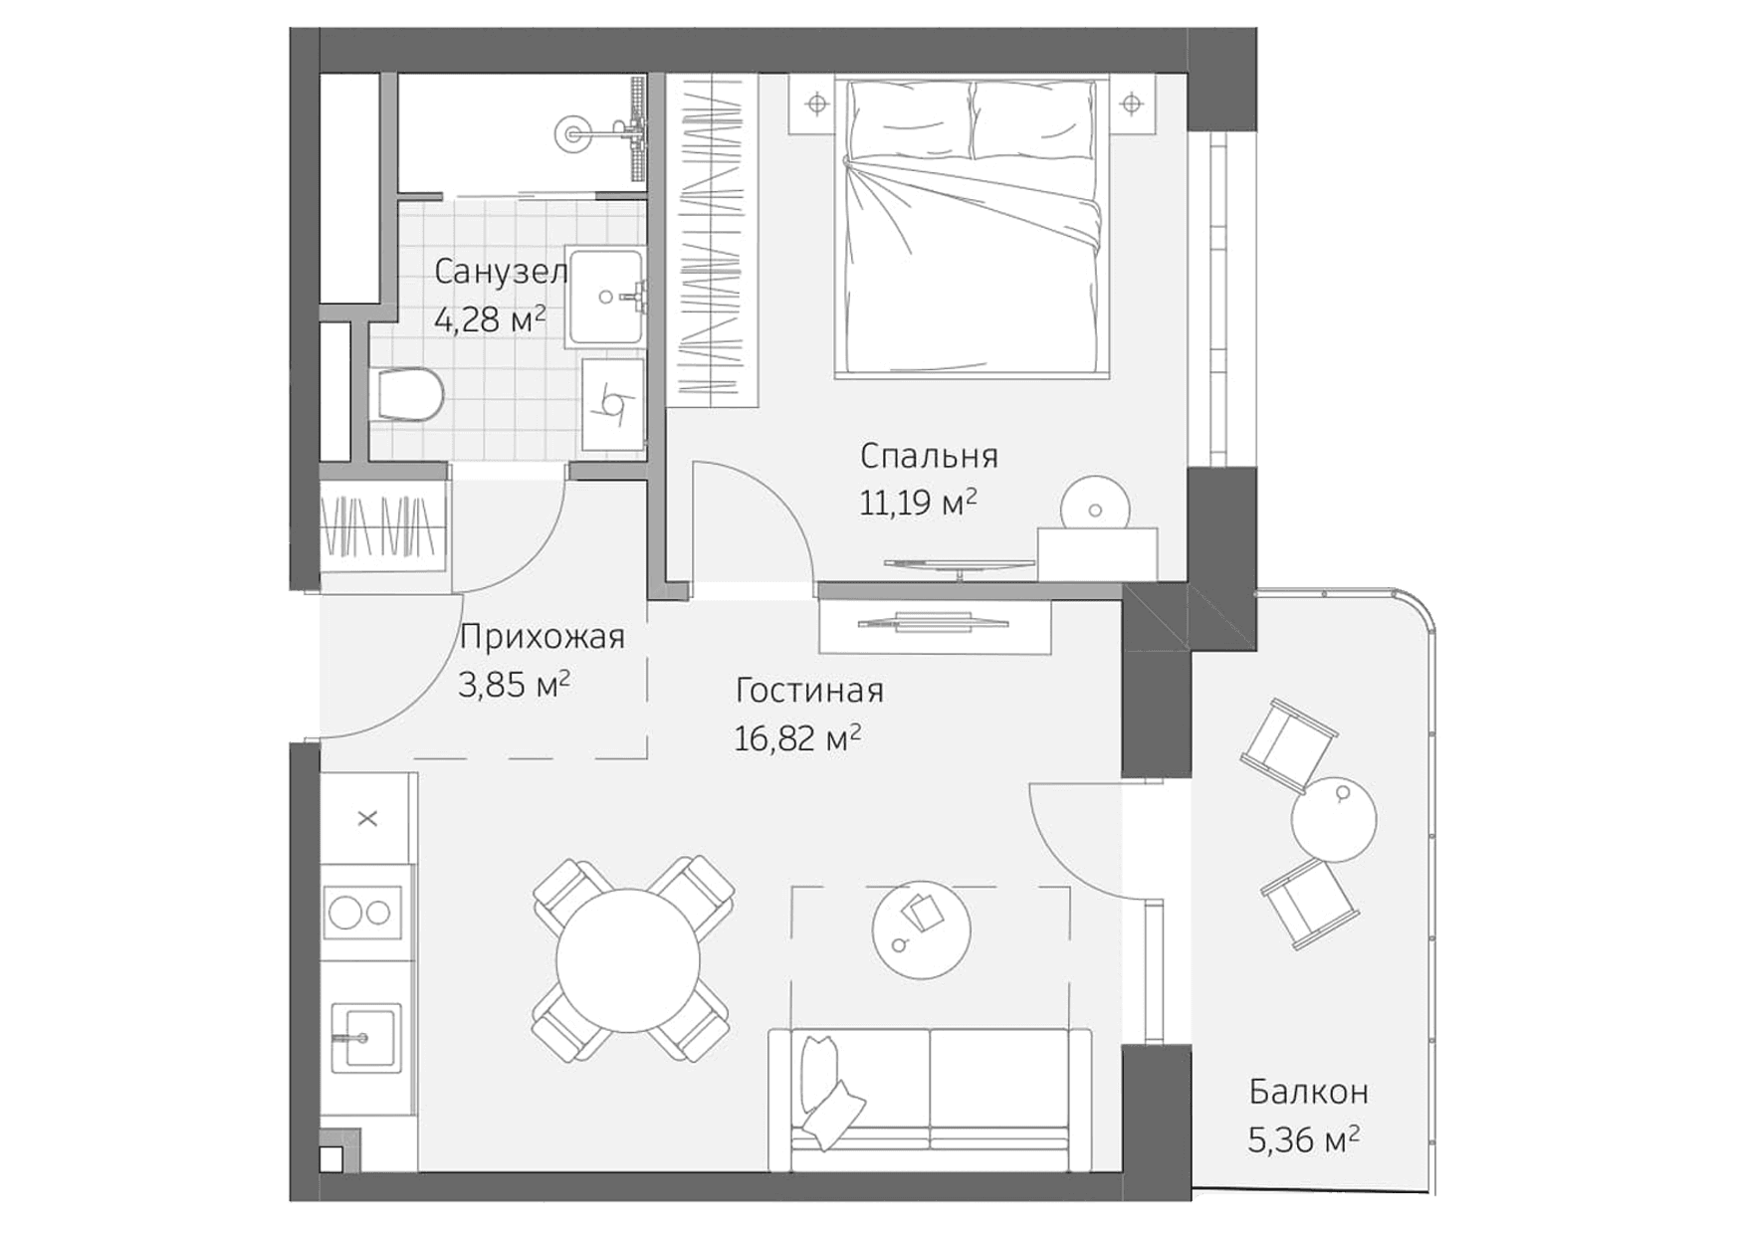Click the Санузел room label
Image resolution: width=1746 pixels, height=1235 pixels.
[x=501, y=271]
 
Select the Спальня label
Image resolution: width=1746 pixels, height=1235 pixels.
[x=929, y=456]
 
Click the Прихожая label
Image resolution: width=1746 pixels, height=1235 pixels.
[x=542, y=637]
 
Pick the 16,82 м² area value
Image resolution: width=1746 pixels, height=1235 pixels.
[x=797, y=738]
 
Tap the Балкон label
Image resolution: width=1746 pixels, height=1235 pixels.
[x=1308, y=1092]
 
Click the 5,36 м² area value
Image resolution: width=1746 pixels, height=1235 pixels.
[x=1304, y=1139]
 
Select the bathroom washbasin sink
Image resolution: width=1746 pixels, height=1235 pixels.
[x=605, y=297]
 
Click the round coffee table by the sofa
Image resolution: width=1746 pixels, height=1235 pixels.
[x=921, y=931]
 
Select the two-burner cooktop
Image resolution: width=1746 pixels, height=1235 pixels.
[x=362, y=913]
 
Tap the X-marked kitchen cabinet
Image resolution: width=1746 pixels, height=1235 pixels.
[x=367, y=819]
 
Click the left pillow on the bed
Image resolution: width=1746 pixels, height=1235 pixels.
[x=910, y=119]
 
